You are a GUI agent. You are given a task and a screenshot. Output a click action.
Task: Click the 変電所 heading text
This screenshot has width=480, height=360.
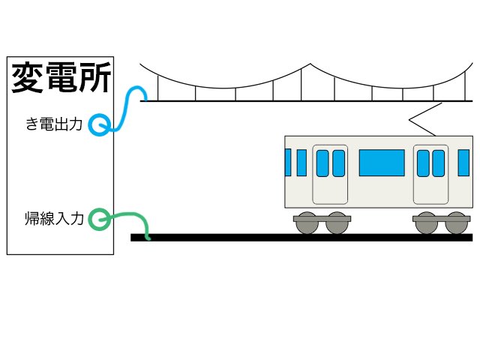pyautogui.click(x=61, y=78)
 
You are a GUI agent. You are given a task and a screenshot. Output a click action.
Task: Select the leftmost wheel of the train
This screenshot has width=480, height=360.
pyautogui.click(x=307, y=223)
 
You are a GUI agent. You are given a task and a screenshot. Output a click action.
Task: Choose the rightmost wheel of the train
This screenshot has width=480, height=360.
pyautogui.click(x=456, y=223)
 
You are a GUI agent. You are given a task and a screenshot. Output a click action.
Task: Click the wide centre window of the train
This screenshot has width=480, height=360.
pyautogui.click(x=381, y=163)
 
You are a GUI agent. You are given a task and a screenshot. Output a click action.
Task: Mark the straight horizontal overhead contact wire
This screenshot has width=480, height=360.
pyautogui.click(x=300, y=100)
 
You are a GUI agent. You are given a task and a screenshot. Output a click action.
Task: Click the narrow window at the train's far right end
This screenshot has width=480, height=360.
pyautogui.click(x=463, y=163)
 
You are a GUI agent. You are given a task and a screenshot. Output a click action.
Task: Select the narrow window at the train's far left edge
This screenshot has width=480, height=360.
pyautogui.click(x=287, y=162)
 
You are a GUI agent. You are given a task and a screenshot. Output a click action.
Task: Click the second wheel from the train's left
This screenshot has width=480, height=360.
pyautogui.click(x=337, y=223)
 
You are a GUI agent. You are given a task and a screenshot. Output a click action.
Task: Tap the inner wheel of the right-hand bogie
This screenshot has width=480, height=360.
pyautogui.click(x=425, y=223)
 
